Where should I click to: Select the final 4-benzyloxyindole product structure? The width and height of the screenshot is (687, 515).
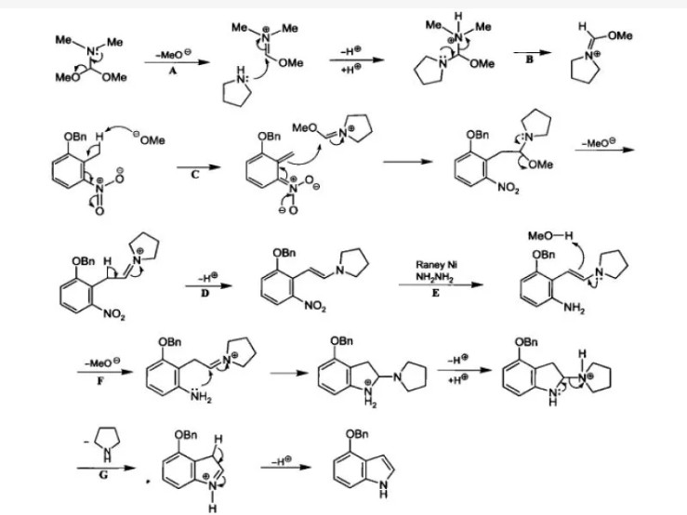[x=368, y=466]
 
